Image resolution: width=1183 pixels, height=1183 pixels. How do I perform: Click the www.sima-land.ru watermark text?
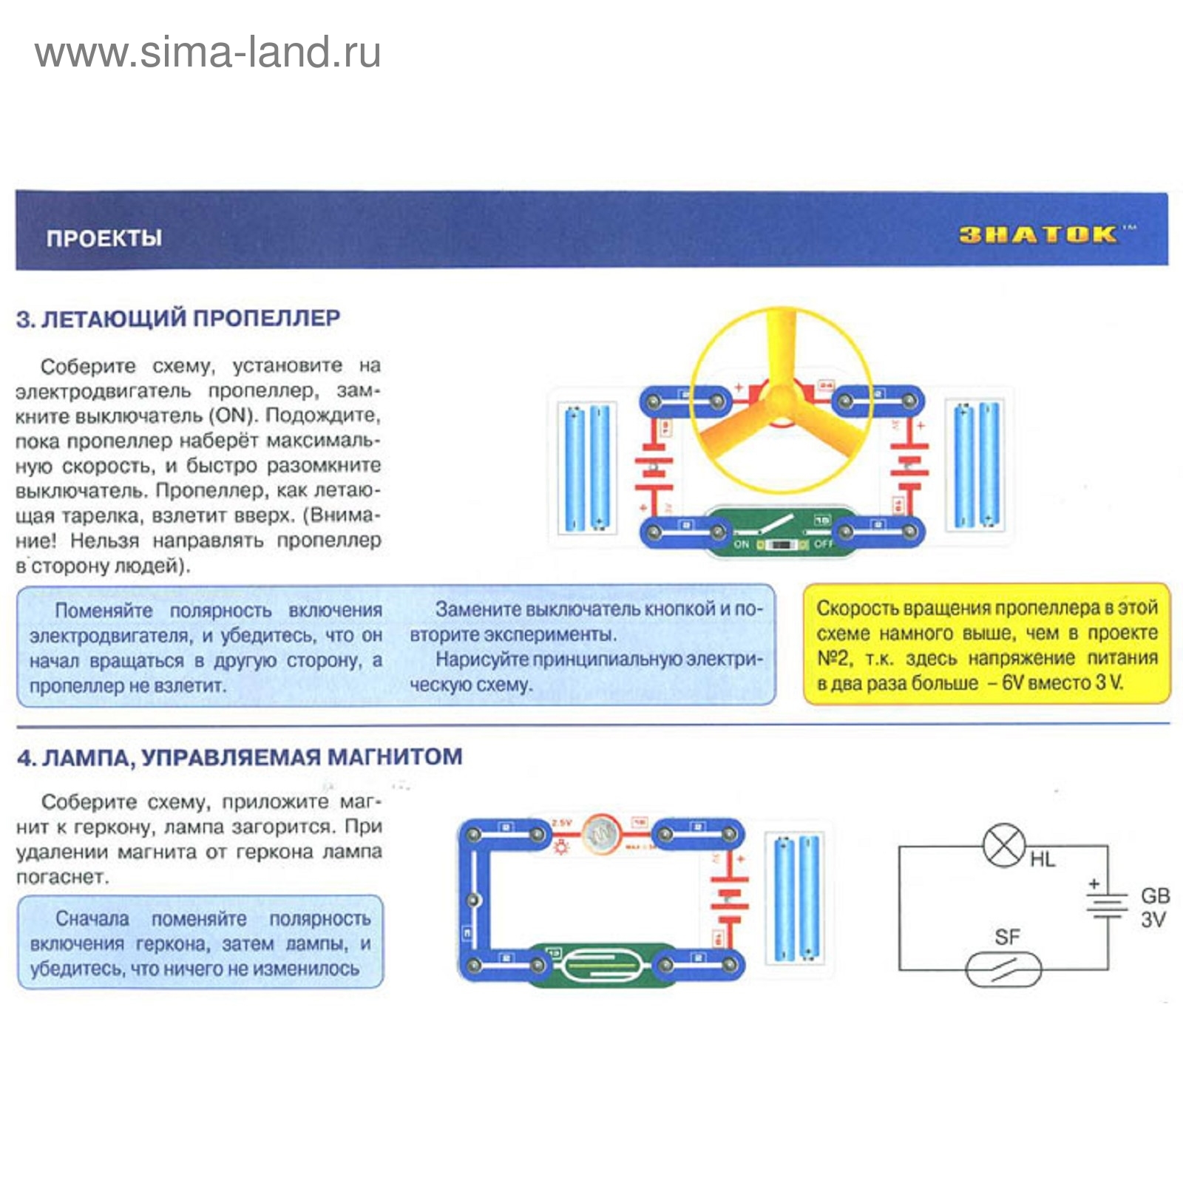coord(208,52)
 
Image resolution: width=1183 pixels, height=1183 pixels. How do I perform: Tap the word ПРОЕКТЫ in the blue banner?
coord(104,238)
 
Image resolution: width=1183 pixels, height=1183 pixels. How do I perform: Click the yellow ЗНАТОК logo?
coord(1038,235)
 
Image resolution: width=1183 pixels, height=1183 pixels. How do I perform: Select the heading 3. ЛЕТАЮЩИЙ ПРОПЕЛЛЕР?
coord(178,319)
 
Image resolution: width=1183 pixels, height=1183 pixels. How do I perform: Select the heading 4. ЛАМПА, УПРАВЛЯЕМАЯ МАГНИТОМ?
coord(240,757)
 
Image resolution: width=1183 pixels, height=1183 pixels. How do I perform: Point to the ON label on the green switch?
coord(742,544)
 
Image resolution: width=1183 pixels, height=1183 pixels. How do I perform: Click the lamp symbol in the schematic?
coord(1004,846)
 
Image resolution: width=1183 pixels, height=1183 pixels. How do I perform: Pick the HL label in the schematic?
coord(1043,859)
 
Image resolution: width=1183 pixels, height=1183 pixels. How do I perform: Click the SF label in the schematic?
coord(1007,938)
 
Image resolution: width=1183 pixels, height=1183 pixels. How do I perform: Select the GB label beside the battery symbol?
coord(1155,895)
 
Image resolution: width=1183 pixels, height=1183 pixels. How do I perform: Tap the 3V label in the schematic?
coord(1153,920)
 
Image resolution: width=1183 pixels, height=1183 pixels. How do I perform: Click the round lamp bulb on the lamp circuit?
coord(601,834)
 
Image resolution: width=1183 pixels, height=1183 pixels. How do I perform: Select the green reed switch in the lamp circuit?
coord(600,965)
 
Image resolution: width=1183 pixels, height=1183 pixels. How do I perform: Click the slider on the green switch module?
coord(782,545)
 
